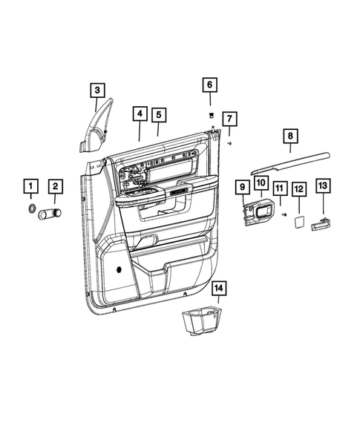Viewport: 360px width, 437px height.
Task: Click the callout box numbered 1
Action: pyautogui.click(x=31, y=185)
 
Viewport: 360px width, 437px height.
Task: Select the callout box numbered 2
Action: pyautogui.click(x=56, y=185)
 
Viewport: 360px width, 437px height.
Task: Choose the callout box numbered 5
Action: pyautogui.click(x=159, y=114)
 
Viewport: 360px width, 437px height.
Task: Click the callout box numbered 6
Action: pyautogui.click(x=209, y=86)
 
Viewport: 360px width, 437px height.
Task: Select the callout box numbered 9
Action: pyautogui.click(x=242, y=186)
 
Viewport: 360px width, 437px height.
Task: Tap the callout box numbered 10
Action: pyautogui.click(x=261, y=183)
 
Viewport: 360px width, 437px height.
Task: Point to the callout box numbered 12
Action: pyautogui.click(x=298, y=189)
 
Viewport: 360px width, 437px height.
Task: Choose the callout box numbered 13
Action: pyautogui.click(x=323, y=185)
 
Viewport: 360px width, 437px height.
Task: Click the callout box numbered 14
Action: pyautogui.click(x=218, y=287)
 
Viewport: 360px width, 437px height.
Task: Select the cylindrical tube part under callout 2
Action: pyautogui.click(x=53, y=215)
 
